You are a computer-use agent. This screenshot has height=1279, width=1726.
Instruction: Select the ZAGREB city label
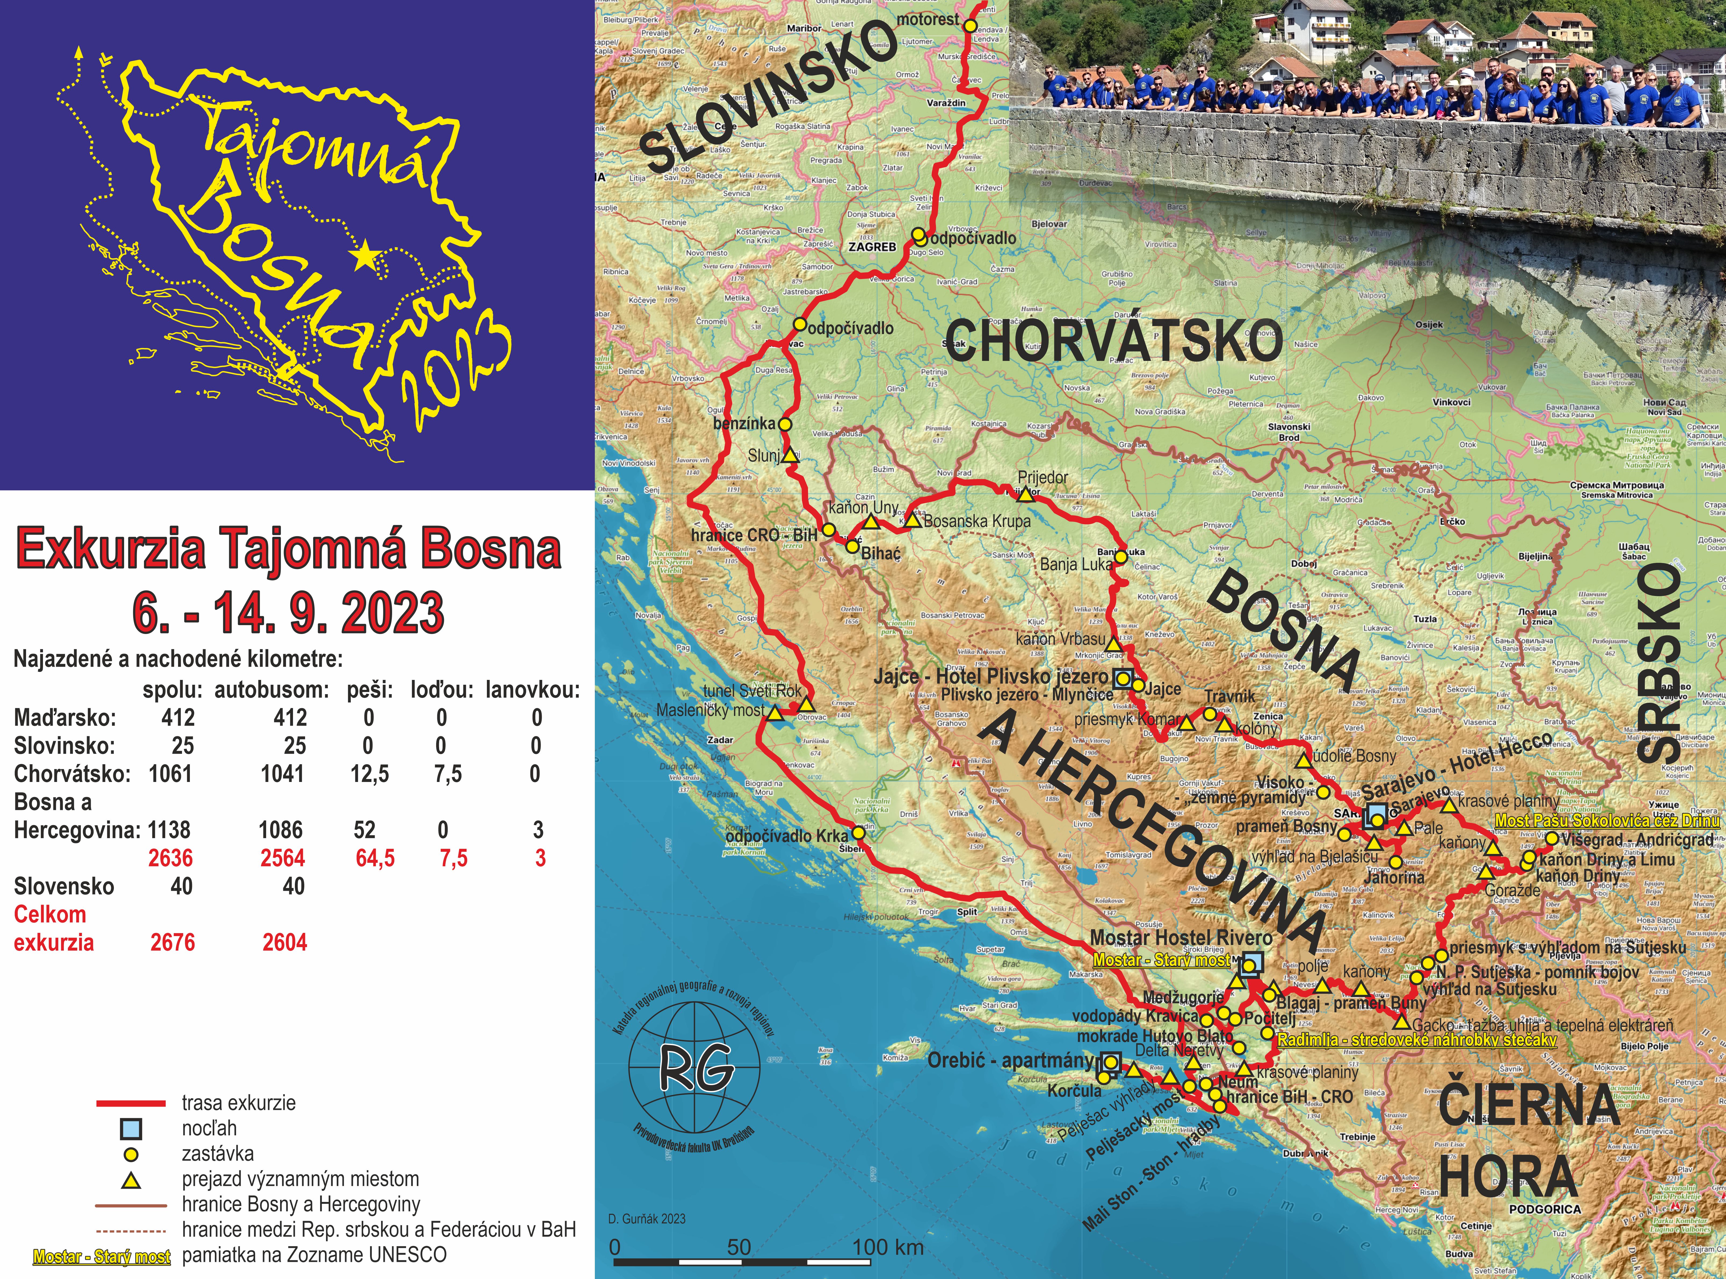(872, 247)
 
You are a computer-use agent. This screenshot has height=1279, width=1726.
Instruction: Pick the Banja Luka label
(1076, 564)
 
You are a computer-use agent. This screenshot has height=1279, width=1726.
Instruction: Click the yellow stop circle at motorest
(970, 26)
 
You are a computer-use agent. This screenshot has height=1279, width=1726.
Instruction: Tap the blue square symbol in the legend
(132, 1129)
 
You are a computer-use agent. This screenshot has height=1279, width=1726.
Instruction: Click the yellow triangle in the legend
(132, 1180)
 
